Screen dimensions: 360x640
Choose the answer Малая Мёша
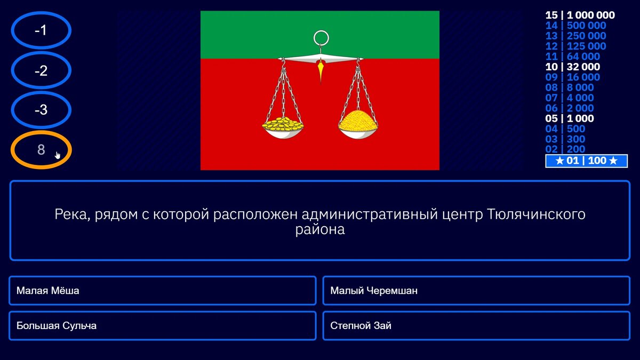pos(162,291)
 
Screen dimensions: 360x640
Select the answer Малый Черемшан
pos(476,291)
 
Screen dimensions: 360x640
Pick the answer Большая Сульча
pos(162,325)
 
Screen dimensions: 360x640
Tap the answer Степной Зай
pos(476,325)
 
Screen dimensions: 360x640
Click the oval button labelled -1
pos(41,31)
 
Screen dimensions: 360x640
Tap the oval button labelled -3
pos(41,110)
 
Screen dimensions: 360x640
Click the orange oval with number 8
pos(41,150)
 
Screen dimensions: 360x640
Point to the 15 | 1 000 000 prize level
pos(580,15)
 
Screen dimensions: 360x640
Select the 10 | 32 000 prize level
pos(572,67)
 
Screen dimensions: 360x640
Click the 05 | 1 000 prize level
pos(569,119)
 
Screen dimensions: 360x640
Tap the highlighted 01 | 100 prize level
pos(586,161)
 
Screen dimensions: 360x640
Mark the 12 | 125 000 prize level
pos(575,46)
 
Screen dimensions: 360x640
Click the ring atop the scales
pos(321,38)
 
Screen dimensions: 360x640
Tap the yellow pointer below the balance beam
pos(321,71)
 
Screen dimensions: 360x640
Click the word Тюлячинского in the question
pos(536,215)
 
